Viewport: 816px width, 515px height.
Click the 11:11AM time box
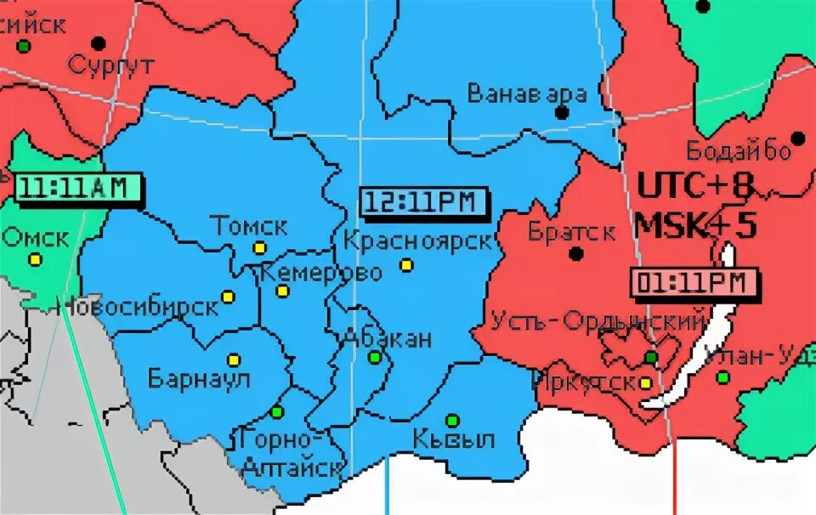point(76,187)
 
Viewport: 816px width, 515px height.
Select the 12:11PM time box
point(423,201)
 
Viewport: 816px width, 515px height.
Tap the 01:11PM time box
point(692,282)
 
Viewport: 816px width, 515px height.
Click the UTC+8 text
point(695,187)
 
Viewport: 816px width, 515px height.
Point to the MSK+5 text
point(695,226)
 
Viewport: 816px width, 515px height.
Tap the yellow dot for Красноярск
point(406,265)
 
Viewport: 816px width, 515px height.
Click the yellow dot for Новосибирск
point(228,297)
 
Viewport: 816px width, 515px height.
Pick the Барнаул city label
point(200,378)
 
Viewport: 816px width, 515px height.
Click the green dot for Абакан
point(374,357)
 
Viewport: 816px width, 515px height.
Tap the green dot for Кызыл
point(452,420)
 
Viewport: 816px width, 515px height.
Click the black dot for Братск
point(576,253)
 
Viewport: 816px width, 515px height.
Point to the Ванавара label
point(527,93)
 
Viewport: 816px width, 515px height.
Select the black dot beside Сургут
point(99,42)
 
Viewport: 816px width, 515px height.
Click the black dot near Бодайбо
point(797,138)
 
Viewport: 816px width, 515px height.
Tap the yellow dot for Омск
point(34,260)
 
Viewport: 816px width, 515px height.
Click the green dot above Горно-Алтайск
point(276,413)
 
